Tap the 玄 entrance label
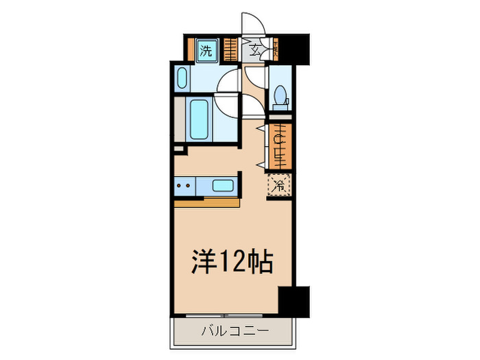254,49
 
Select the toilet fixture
280,95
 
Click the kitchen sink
222,185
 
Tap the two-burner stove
183,185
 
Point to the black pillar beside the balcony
293,301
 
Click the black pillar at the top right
296,49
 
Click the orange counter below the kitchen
206,202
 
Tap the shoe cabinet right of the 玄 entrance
276,49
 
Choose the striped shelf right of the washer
230,49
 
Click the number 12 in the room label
230,261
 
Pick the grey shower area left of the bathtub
180,119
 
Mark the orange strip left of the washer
192,49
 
